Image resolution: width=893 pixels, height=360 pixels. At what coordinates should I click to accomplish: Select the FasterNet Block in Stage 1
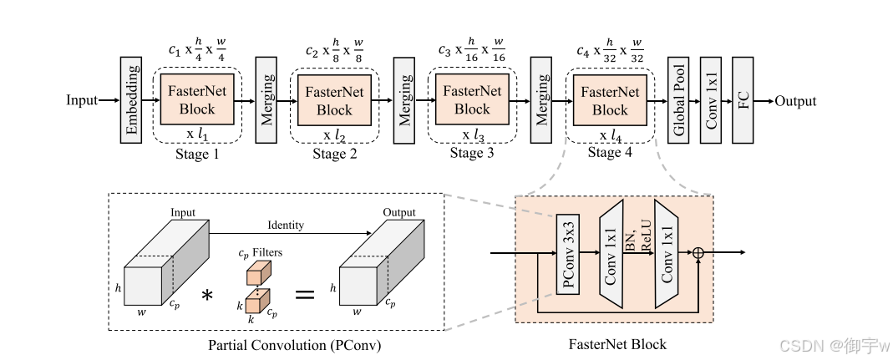tap(197, 100)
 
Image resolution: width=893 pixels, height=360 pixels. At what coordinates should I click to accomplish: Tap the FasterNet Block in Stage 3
tap(472, 100)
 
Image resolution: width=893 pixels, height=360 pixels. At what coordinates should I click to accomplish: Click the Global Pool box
tap(679, 101)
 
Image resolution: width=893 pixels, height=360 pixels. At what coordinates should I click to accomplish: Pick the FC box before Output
tap(743, 101)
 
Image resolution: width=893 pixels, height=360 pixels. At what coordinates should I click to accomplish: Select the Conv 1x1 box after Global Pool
tap(711, 101)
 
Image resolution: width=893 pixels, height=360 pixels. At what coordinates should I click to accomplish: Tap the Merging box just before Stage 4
tap(542, 101)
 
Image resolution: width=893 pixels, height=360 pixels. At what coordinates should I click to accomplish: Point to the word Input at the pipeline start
tap(82, 101)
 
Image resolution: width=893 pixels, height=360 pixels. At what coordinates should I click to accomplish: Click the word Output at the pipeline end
tap(794, 101)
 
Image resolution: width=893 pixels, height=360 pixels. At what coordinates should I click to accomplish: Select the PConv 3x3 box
tap(568, 253)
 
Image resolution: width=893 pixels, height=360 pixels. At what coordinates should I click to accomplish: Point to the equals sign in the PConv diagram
tap(306, 293)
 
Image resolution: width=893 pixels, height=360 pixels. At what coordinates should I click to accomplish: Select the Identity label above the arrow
tap(285, 226)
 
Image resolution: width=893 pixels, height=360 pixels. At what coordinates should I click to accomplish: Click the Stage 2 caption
tap(334, 153)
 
